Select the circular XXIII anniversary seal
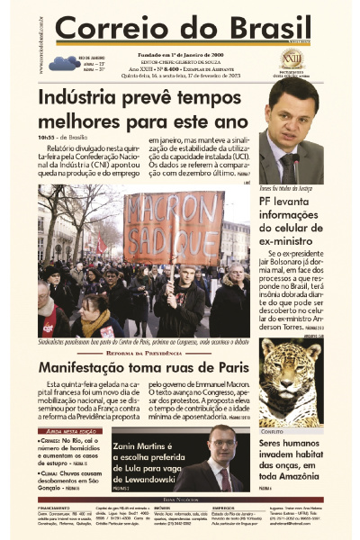point(292,58)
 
